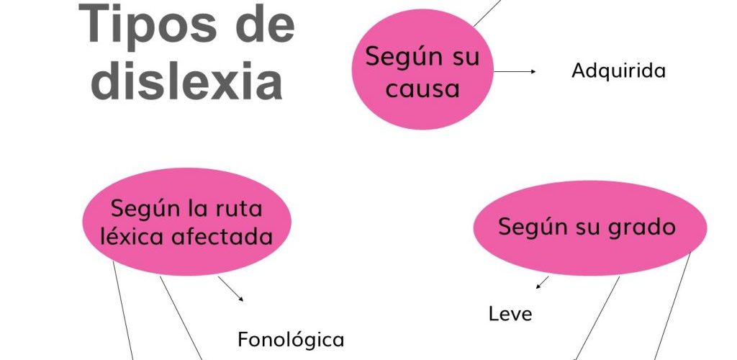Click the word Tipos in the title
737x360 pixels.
click(148, 24)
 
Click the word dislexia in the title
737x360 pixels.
click(186, 81)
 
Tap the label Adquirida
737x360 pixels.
click(618, 71)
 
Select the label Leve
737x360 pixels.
click(510, 313)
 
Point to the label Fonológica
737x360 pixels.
click(291, 339)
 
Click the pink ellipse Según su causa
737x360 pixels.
click(422, 69)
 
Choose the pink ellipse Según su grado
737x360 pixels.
click(590, 228)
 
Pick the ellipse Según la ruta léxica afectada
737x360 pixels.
click(186, 221)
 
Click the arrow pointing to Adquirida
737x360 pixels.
click(515, 71)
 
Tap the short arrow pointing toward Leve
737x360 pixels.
click(542, 282)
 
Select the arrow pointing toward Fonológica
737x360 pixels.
click(231, 289)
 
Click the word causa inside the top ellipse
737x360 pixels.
click(422, 89)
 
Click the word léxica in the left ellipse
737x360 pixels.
click(132, 236)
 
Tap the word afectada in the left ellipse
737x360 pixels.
click(222, 236)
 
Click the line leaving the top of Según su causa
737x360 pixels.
click(487, 13)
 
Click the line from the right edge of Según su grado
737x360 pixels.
click(673, 306)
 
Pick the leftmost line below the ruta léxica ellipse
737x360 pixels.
click(122, 310)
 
